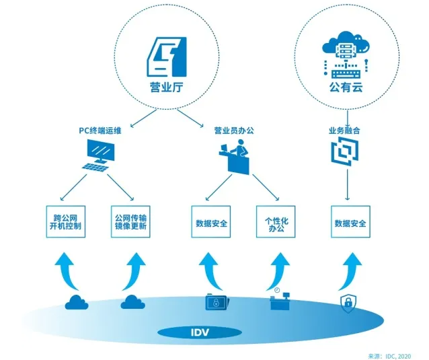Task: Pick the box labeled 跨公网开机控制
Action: pos(67,223)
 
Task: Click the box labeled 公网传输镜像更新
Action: pos(130,223)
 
